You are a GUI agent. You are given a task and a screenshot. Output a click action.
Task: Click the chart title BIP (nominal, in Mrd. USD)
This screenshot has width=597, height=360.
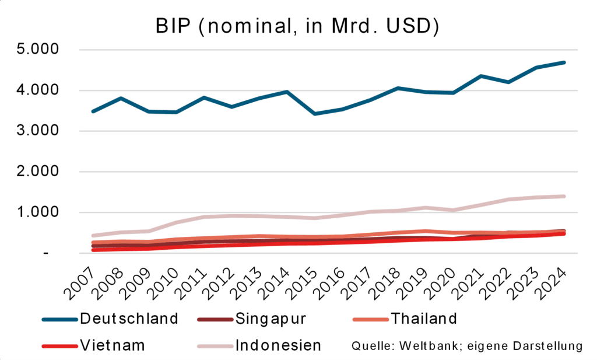point(298,26)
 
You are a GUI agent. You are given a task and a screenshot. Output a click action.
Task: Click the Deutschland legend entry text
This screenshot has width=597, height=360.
point(129,319)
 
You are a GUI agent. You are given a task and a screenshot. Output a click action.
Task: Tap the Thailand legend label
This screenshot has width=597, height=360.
point(424,319)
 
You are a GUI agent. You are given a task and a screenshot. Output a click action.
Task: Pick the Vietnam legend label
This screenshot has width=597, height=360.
point(113,345)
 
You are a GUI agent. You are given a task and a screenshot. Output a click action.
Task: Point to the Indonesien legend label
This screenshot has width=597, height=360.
point(278,345)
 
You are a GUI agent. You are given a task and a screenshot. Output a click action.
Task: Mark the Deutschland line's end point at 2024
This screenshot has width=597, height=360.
point(564,62)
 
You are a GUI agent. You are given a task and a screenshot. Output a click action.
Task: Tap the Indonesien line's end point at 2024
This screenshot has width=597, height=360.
point(564,196)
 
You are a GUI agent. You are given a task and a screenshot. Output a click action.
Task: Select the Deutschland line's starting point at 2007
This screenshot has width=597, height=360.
point(77,111)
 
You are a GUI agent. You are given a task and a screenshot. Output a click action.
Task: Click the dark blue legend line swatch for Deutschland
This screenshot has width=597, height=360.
point(60,319)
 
